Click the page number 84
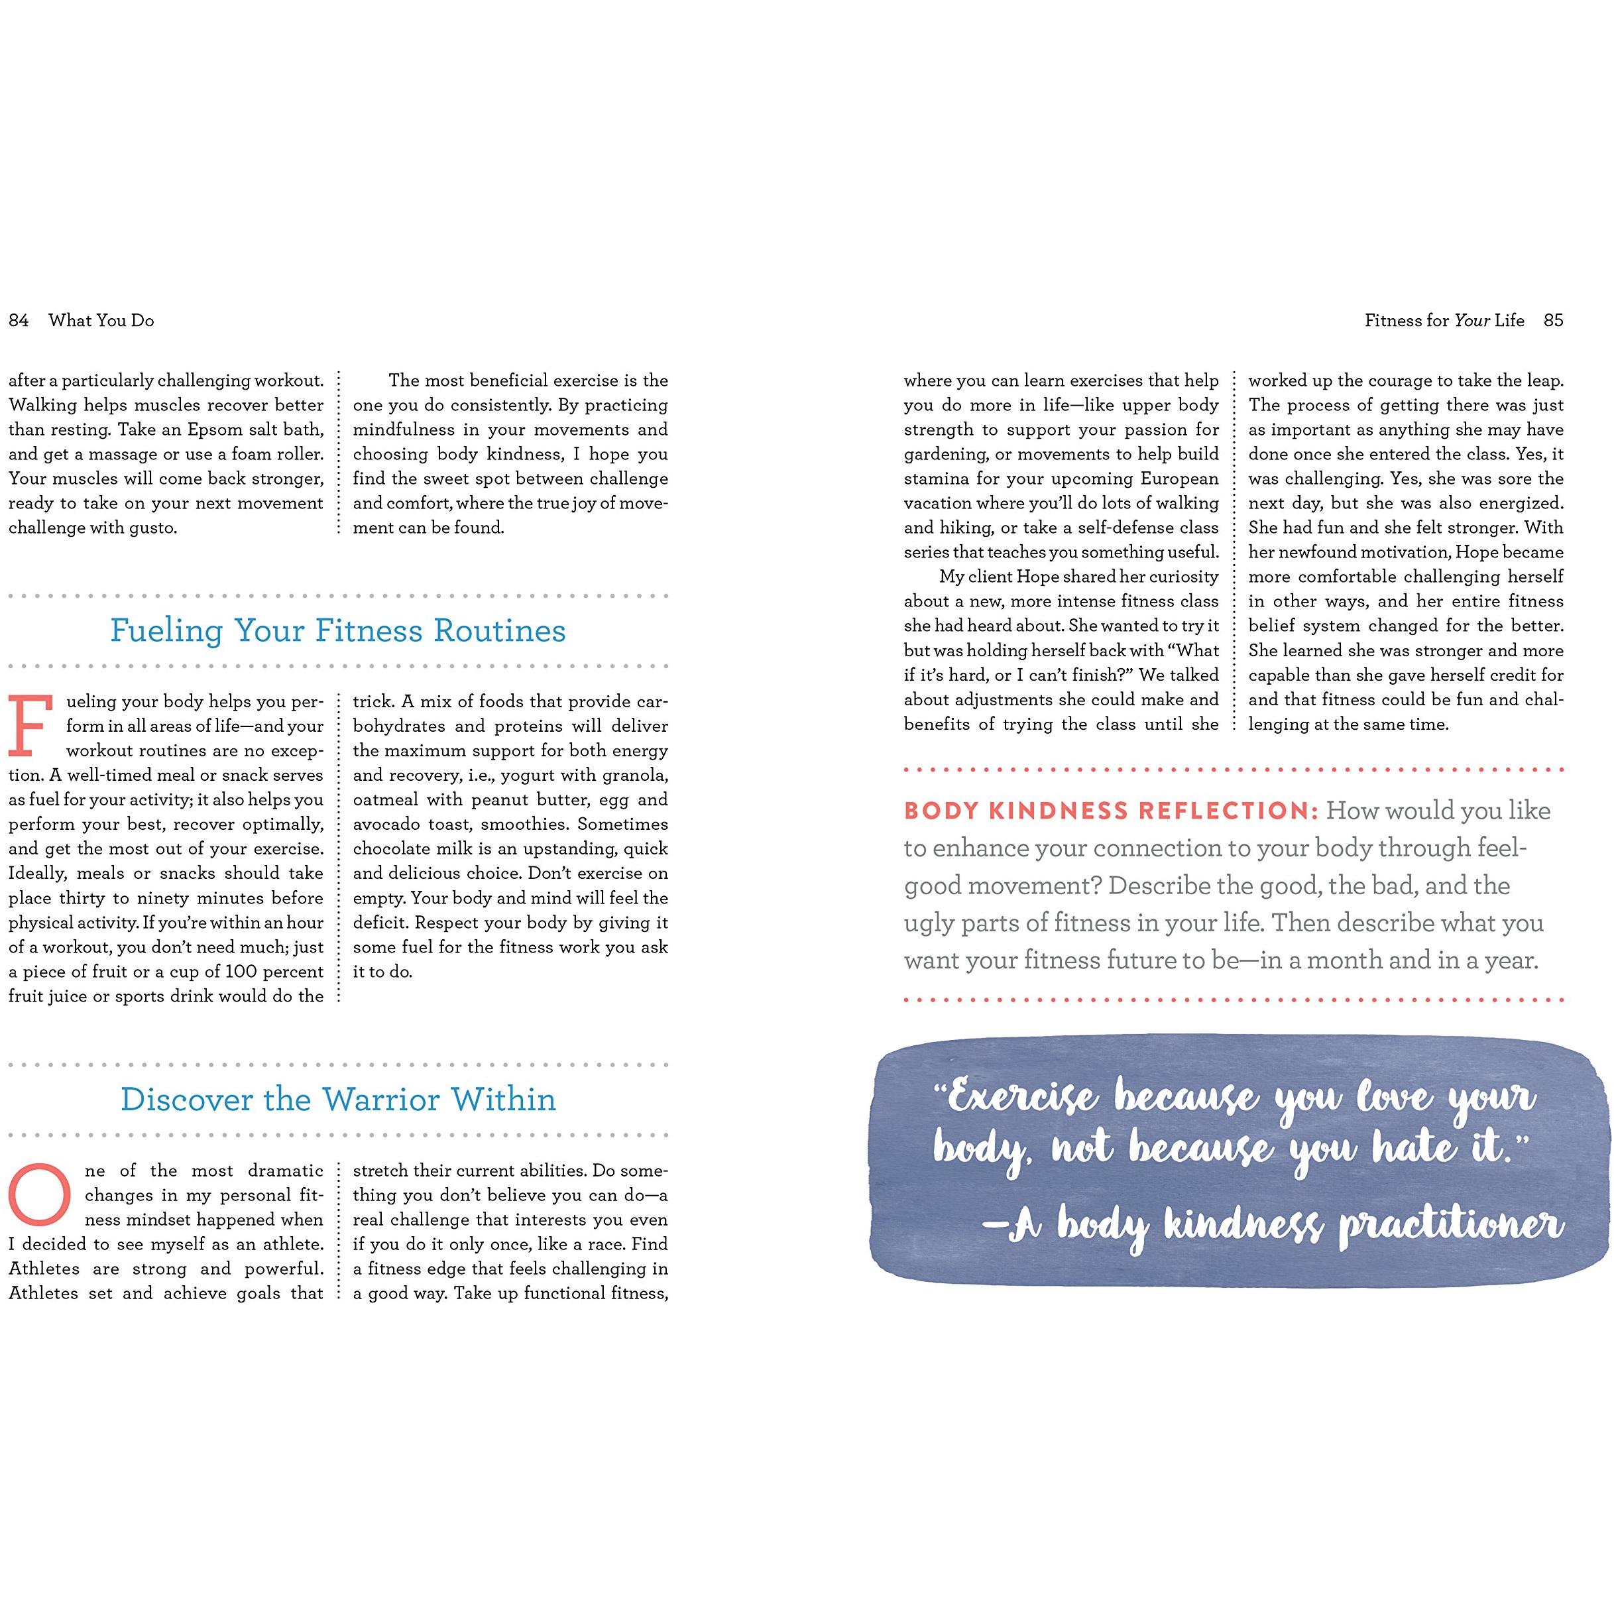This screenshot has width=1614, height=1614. [19, 321]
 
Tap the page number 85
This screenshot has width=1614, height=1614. [1553, 321]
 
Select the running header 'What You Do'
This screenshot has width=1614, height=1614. [101, 321]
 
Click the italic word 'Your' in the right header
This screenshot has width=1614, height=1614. [1472, 321]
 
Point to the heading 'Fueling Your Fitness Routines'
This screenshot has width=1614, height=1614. [337, 631]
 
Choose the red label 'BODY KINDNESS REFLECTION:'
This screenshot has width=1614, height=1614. [1110, 811]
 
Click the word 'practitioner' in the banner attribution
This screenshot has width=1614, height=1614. [1451, 1226]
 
